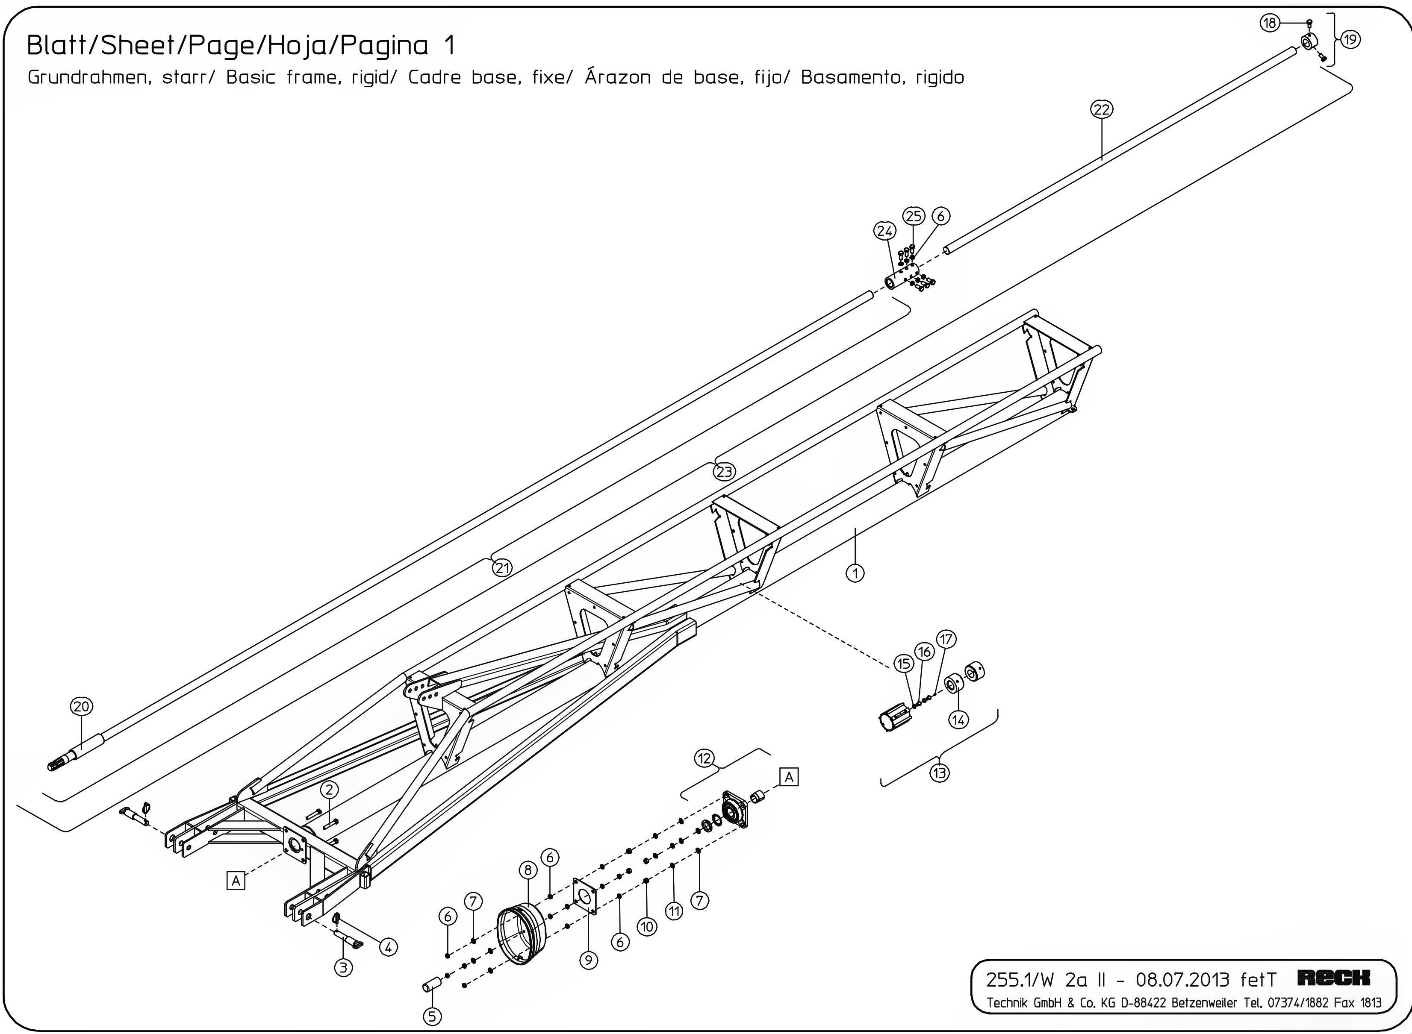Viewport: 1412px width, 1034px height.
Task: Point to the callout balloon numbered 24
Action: [884, 231]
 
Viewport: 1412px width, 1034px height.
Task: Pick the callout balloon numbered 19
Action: [1350, 39]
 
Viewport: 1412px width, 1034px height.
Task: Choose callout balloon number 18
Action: [1269, 23]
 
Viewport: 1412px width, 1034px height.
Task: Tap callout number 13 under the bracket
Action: [939, 773]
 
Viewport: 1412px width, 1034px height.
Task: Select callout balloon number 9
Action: [588, 960]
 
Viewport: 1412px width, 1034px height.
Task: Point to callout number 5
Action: [432, 1016]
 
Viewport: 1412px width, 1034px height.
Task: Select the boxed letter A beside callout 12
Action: [789, 777]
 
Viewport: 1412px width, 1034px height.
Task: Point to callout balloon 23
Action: [725, 471]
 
